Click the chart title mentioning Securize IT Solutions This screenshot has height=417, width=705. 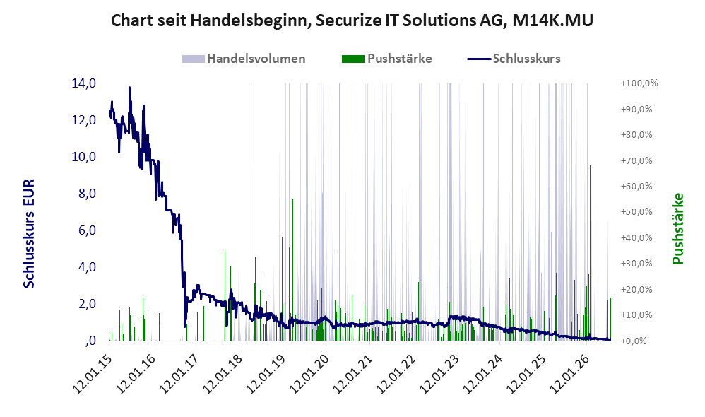[352, 20]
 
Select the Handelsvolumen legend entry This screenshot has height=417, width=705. [244, 59]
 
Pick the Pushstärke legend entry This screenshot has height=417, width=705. [386, 59]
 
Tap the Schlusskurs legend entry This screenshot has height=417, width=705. [514, 59]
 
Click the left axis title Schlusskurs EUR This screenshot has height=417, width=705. [29, 233]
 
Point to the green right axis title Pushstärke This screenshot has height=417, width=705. [677, 228]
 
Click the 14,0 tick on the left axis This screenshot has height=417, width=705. [83, 83]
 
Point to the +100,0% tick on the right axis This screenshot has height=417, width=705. [639, 83]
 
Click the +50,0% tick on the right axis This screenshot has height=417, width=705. [636, 212]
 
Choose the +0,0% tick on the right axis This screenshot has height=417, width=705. [634, 341]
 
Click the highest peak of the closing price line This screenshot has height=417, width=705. [129, 87]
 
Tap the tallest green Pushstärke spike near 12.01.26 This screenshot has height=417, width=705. [586, 212]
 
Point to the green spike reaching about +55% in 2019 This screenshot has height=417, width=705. [292, 269]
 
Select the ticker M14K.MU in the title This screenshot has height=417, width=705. [552, 20]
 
